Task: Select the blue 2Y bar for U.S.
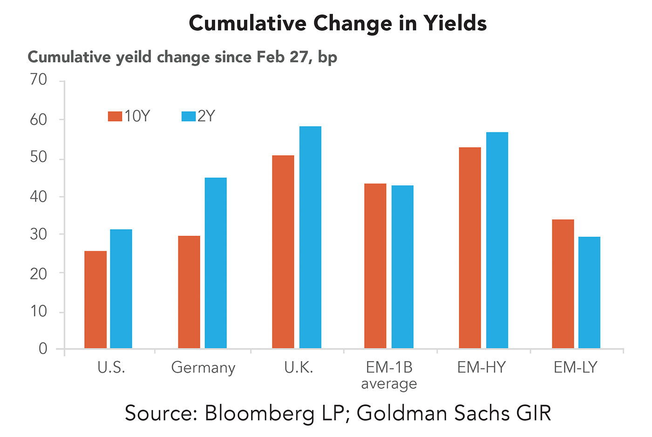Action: click(121, 289)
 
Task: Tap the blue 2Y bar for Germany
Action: click(216, 263)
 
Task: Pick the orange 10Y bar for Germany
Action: click(189, 292)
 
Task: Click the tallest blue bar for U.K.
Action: click(310, 237)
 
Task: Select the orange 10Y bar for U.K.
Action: click(283, 252)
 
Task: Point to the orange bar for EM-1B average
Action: click(375, 266)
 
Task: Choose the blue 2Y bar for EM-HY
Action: click(497, 240)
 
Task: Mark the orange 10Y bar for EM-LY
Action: click(563, 284)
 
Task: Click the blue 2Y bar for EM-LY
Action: click(589, 292)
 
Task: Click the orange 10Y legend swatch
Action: click(115, 116)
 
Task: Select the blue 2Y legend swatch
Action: click(188, 116)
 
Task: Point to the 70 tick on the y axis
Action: click(39, 80)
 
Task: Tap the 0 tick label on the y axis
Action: click(43, 348)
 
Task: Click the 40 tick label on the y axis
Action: click(39, 197)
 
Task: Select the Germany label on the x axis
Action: click(203, 368)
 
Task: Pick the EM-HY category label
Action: click(481, 368)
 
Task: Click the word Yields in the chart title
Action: click(455, 23)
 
